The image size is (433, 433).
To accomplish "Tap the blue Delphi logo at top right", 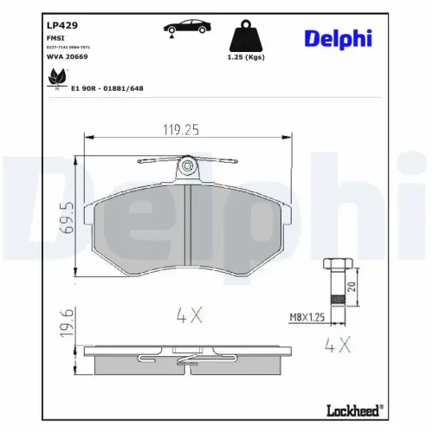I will tap(351, 37).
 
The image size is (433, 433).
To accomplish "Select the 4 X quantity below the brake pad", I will tap(190, 316).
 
